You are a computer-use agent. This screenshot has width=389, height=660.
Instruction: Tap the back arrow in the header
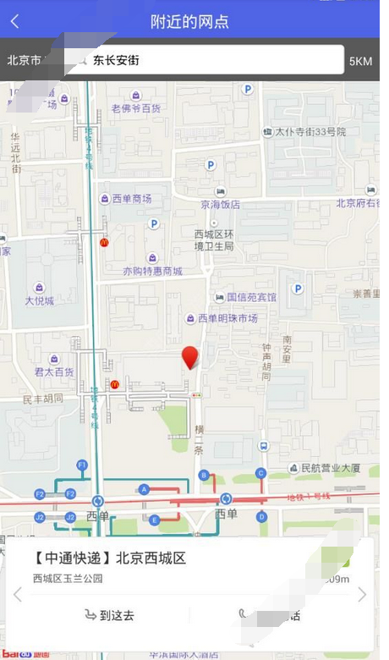coord(14,21)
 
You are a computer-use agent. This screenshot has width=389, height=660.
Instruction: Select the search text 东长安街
coord(116,60)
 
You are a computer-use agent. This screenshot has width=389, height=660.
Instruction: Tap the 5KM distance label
coord(360,61)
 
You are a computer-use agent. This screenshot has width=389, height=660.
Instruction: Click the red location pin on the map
coord(190,357)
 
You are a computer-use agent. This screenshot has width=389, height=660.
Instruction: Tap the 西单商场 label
coord(132,199)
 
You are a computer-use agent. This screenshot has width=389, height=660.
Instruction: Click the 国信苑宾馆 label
coord(251,298)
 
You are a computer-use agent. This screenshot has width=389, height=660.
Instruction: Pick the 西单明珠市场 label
coord(227,318)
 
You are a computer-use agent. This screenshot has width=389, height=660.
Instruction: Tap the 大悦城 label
coord(39,300)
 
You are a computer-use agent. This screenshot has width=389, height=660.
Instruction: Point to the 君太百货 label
coord(54,371)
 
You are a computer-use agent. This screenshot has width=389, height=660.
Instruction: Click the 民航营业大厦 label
coord(330,468)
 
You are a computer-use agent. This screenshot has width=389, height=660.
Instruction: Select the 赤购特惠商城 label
coord(152,272)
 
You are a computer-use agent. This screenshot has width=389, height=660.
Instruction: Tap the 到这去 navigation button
coord(109,615)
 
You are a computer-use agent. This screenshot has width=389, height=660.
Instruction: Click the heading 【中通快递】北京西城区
coord(109,558)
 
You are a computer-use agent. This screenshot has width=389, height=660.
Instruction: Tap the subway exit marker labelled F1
coord(82,465)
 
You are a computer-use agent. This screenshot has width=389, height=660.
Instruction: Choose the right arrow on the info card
coord(362,595)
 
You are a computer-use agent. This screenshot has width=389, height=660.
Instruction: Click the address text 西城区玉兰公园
coord(68,579)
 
